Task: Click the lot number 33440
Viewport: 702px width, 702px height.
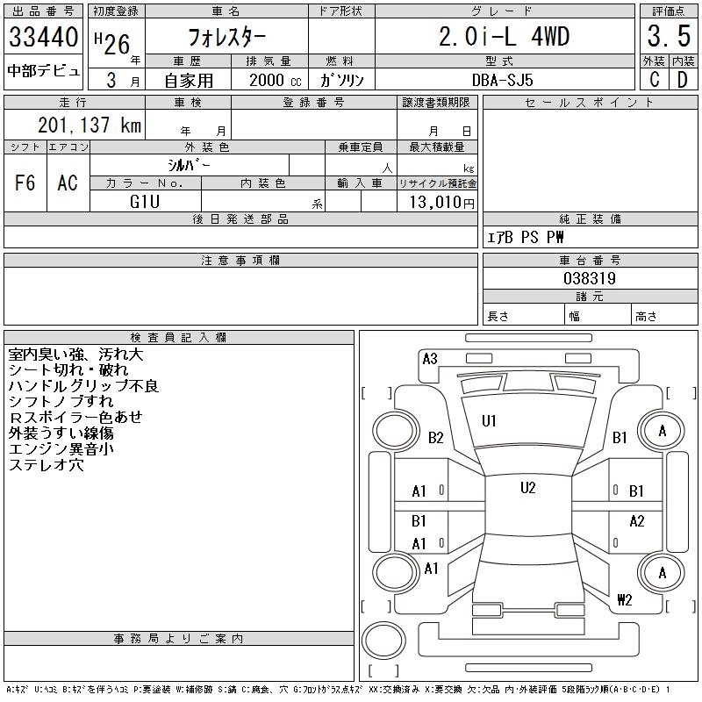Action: click(x=43, y=38)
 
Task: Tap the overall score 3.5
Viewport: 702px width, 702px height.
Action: click(x=667, y=38)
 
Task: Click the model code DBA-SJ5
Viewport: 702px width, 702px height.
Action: click(x=505, y=80)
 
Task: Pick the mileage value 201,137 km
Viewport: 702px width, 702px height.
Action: click(x=89, y=125)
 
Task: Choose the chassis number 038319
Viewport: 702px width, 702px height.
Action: click(x=589, y=278)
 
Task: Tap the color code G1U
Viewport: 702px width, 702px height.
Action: click(x=145, y=201)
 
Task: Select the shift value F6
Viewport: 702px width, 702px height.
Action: click(x=25, y=183)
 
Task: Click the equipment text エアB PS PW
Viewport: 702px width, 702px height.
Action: click(x=526, y=238)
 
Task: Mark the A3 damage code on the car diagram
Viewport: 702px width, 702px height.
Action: click(x=430, y=358)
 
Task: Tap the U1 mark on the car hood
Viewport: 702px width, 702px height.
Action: click(x=489, y=421)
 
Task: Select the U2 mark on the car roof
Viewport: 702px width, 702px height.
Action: click(x=527, y=488)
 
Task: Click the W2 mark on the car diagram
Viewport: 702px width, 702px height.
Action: click(x=624, y=600)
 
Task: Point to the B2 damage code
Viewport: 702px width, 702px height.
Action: click(x=436, y=437)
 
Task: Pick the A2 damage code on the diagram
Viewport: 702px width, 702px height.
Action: click(x=637, y=521)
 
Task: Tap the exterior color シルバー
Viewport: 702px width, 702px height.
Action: click(x=189, y=165)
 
